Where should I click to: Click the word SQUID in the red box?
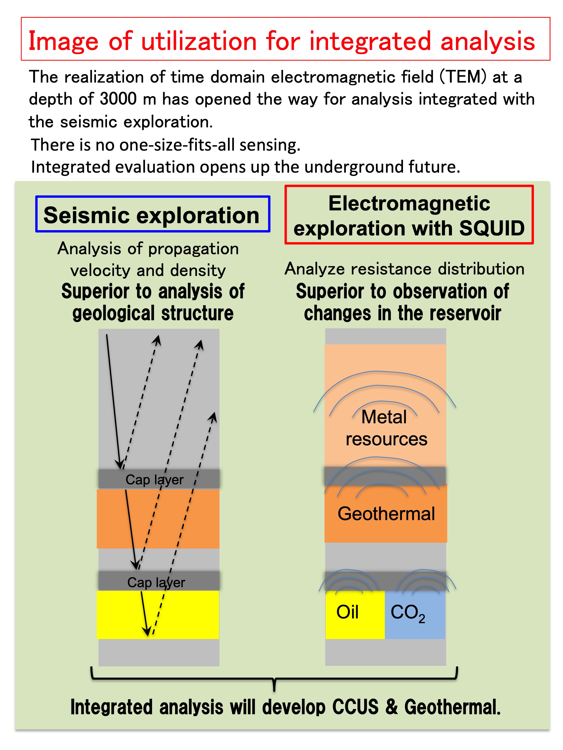[491, 228]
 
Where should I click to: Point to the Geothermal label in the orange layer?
[386, 513]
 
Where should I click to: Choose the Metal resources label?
[386, 428]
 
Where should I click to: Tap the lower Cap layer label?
[156, 582]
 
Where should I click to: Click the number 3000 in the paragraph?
[118, 99]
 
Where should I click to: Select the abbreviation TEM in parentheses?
[463, 77]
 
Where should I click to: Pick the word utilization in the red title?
[199, 41]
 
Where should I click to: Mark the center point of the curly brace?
[274, 679]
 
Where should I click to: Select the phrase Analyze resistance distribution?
[404, 269]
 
